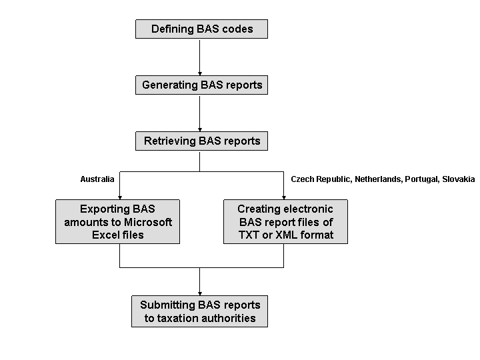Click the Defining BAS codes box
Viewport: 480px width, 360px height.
(201, 29)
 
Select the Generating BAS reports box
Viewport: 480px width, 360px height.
(201, 85)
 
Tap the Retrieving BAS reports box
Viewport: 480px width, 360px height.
(201, 141)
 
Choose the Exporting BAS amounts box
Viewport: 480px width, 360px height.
(117, 221)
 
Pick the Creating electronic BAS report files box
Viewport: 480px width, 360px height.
(285, 221)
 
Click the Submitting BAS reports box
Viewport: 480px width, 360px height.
(200, 311)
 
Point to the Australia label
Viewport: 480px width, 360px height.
(97, 179)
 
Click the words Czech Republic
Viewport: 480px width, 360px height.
(321, 179)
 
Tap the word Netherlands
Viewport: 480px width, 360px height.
(377, 179)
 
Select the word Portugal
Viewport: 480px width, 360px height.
(421, 179)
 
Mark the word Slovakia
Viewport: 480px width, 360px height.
(459, 179)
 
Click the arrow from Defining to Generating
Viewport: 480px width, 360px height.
(200, 57)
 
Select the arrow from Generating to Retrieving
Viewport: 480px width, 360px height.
(200, 113)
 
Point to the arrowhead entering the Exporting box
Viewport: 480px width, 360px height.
(119, 196)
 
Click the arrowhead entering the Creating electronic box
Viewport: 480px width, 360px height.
(284, 196)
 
